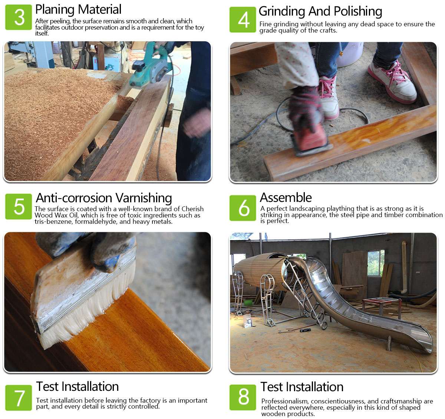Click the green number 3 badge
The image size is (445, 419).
(19, 17)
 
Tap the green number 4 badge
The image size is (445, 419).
(243, 20)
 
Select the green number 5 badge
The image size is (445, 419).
(19, 206)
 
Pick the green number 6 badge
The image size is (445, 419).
(243, 208)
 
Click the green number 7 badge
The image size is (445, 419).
(19, 398)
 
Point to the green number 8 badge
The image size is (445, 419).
(243, 397)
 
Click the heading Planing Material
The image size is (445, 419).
(78, 10)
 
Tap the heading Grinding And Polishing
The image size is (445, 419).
(320, 11)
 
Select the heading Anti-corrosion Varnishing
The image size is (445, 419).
(104, 198)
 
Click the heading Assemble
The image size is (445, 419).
(286, 197)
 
